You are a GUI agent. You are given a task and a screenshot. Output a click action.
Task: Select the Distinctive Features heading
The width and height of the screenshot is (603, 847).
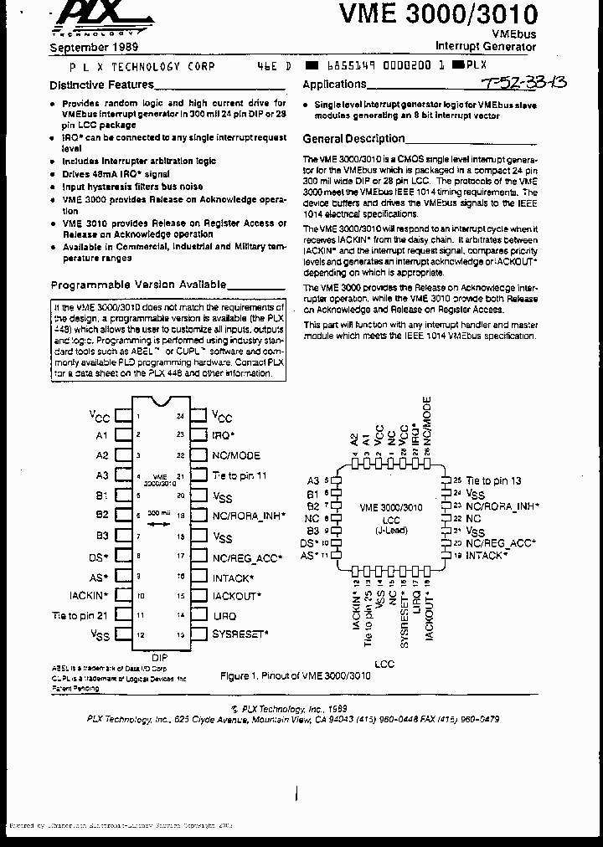tap(101, 85)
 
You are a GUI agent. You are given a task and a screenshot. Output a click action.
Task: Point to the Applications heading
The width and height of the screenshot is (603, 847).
tap(334, 85)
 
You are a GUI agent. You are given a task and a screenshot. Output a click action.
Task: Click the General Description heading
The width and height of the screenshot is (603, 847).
tap(353, 139)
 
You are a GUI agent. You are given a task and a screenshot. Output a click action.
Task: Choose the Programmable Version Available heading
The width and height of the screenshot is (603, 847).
tap(138, 285)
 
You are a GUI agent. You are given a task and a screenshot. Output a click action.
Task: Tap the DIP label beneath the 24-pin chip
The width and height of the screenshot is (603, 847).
tap(159, 657)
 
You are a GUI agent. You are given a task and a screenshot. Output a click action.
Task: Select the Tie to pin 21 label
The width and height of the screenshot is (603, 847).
tap(80, 615)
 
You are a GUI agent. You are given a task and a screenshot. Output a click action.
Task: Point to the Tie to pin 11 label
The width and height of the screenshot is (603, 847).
tap(240, 475)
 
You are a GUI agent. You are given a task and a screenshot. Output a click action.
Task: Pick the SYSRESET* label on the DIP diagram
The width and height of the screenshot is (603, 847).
tap(240, 634)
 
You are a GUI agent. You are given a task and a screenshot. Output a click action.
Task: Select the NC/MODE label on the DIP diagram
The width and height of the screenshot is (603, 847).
tap(236, 455)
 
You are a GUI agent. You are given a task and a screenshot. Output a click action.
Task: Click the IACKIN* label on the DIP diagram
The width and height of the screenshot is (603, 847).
tap(89, 595)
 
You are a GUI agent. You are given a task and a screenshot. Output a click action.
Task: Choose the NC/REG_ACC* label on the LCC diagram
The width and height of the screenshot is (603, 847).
tap(501, 543)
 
